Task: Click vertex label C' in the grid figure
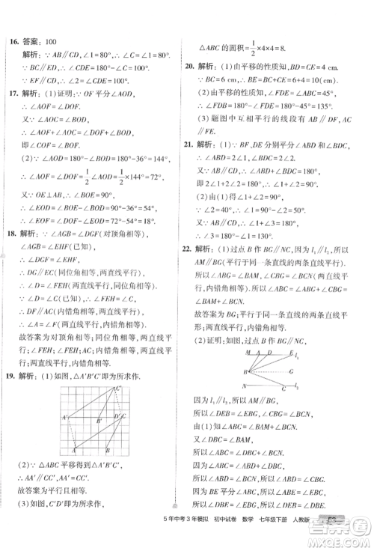(x=119, y=389)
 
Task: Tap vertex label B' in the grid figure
(x=98, y=421)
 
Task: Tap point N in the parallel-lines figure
(x=244, y=386)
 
